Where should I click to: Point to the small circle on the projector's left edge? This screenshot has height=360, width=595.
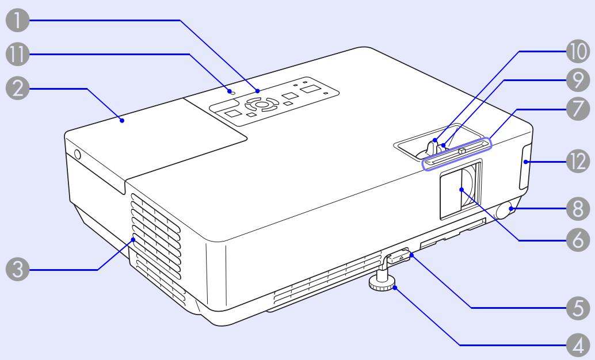pyautogui.click(x=77, y=155)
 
